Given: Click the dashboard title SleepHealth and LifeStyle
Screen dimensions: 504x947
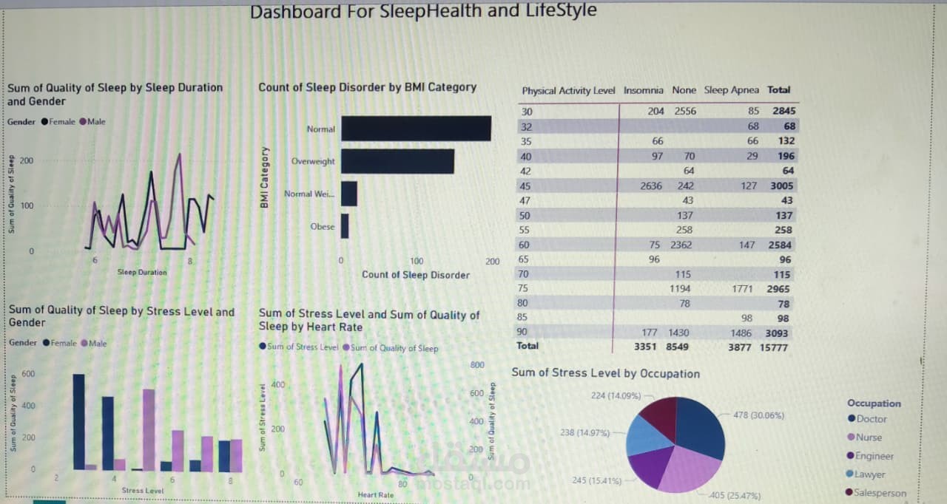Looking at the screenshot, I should (422, 12).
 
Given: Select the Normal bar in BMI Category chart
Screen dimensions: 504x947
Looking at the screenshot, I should (416, 129).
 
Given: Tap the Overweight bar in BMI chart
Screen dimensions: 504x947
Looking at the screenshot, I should (397, 161).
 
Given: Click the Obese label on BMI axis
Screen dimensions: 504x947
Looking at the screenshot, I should (323, 227).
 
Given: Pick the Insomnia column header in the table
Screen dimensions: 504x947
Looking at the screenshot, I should (644, 90).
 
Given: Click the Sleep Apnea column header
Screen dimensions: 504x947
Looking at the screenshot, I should (731, 90).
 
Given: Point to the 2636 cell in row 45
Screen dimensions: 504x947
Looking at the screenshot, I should (651, 185).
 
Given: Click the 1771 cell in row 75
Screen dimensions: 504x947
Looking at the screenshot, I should (742, 289).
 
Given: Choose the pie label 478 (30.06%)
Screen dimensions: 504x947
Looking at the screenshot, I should (758, 415).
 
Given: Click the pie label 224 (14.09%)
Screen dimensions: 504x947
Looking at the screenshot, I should (616, 395).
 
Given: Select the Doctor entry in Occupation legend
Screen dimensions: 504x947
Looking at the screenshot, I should (871, 419).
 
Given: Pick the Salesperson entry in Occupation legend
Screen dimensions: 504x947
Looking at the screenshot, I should (880, 493).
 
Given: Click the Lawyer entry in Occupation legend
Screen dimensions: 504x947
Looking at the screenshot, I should (870, 474).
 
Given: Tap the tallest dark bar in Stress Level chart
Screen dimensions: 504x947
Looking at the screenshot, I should (78, 421).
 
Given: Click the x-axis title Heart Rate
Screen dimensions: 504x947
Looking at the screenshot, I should (376, 494).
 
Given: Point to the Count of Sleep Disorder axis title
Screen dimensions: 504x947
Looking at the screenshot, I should (415, 275).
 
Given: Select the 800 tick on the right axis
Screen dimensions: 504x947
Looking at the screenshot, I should (476, 365).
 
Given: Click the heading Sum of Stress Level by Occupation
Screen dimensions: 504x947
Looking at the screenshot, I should (605, 373).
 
